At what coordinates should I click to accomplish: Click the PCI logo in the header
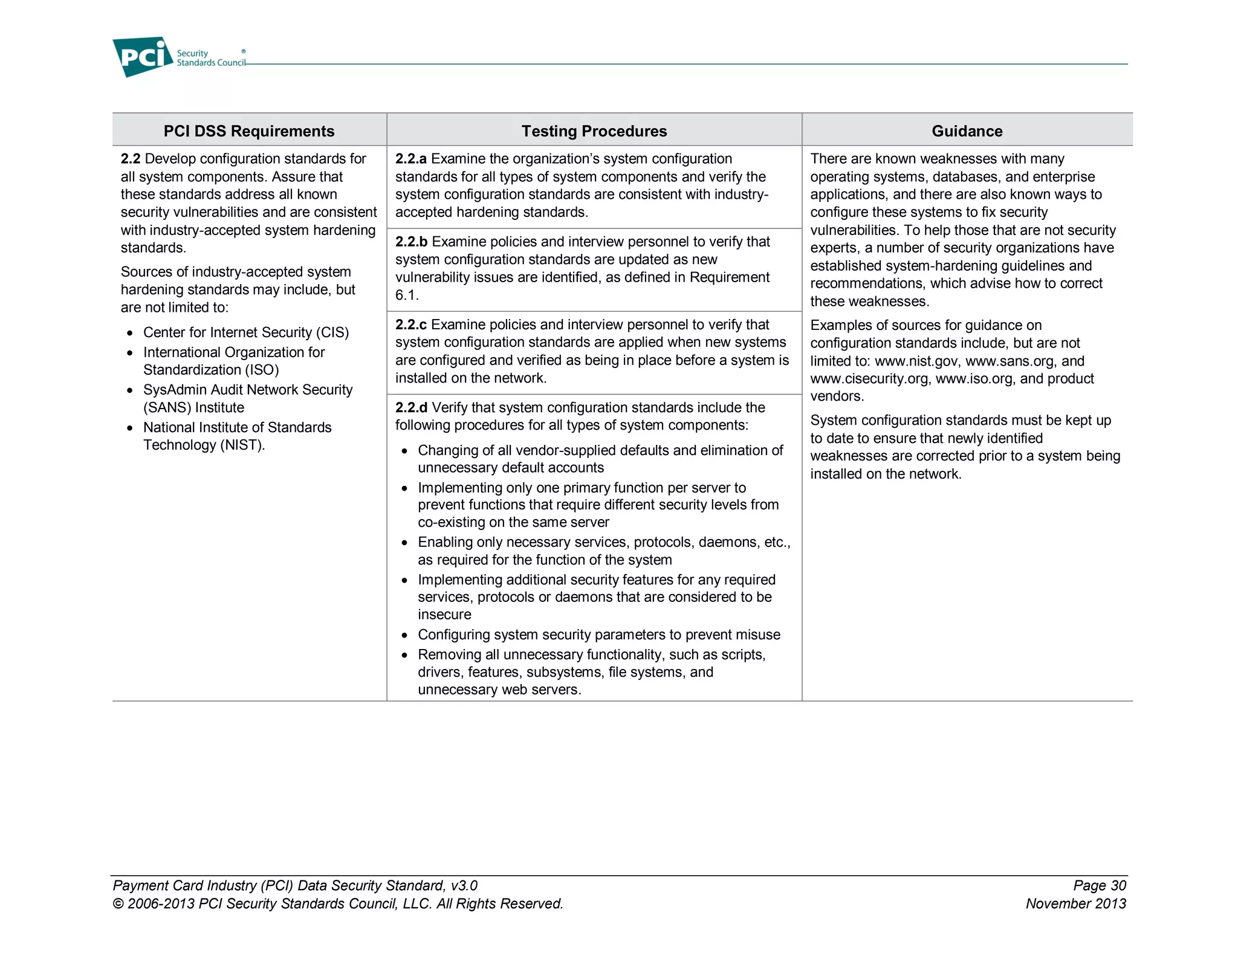pyautogui.click(x=143, y=57)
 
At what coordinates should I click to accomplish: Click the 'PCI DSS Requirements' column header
pyautogui.click(x=248, y=131)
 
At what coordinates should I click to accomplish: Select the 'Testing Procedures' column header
pyautogui.click(x=594, y=131)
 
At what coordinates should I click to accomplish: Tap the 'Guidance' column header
pyautogui.click(x=967, y=131)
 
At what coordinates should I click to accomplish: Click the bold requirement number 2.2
pyautogui.click(x=131, y=159)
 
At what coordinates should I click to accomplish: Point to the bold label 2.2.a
pyautogui.click(x=410, y=159)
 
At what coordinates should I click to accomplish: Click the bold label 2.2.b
pyautogui.click(x=411, y=242)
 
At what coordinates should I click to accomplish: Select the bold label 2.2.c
pyautogui.click(x=410, y=325)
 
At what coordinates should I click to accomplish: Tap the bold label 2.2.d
pyautogui.click(x=411, y=408)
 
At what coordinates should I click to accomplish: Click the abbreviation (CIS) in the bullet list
pyautogui.click(x=332, y=333)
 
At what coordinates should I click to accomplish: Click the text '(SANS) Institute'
pyautogui.click(x=193, y=408)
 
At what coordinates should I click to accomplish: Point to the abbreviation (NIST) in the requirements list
pyautogui.click(x=242, y=445)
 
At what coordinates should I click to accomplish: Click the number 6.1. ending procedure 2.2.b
pyautogui.click(x=406, y=296)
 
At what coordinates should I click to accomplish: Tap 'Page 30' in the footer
pyautogui.click(x=1099, y=886)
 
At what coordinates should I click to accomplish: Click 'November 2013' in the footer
pyautogui.click(x=1075, y=904)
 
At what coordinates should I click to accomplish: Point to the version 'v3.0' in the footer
pyautogui.click(x=464, y=886)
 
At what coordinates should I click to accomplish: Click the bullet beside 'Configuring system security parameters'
pyautogui.click(x=405, y=636)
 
